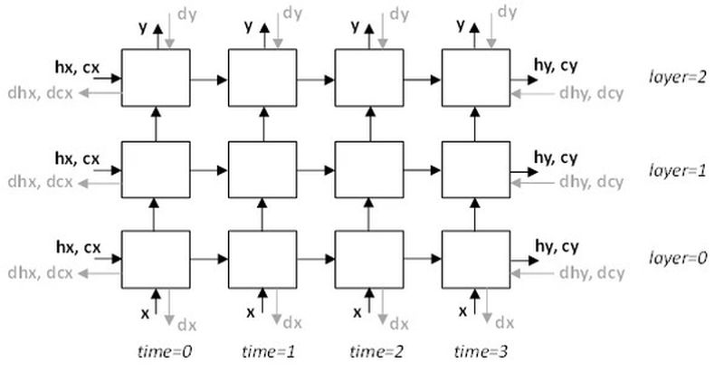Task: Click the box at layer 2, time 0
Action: pos(156,78)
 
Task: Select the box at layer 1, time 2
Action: pos(369,169)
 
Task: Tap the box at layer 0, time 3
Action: pos(475,260)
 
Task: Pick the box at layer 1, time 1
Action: pos(262,169)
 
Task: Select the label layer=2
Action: pos(678,79)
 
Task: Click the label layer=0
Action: pos(678,258)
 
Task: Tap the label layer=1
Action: pos(678,168)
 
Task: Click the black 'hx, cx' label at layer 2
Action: pos(78,67)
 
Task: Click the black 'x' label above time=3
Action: pos(463,312)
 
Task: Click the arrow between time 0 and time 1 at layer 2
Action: pos(209,80)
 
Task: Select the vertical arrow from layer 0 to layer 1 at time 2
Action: pos(369,215)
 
